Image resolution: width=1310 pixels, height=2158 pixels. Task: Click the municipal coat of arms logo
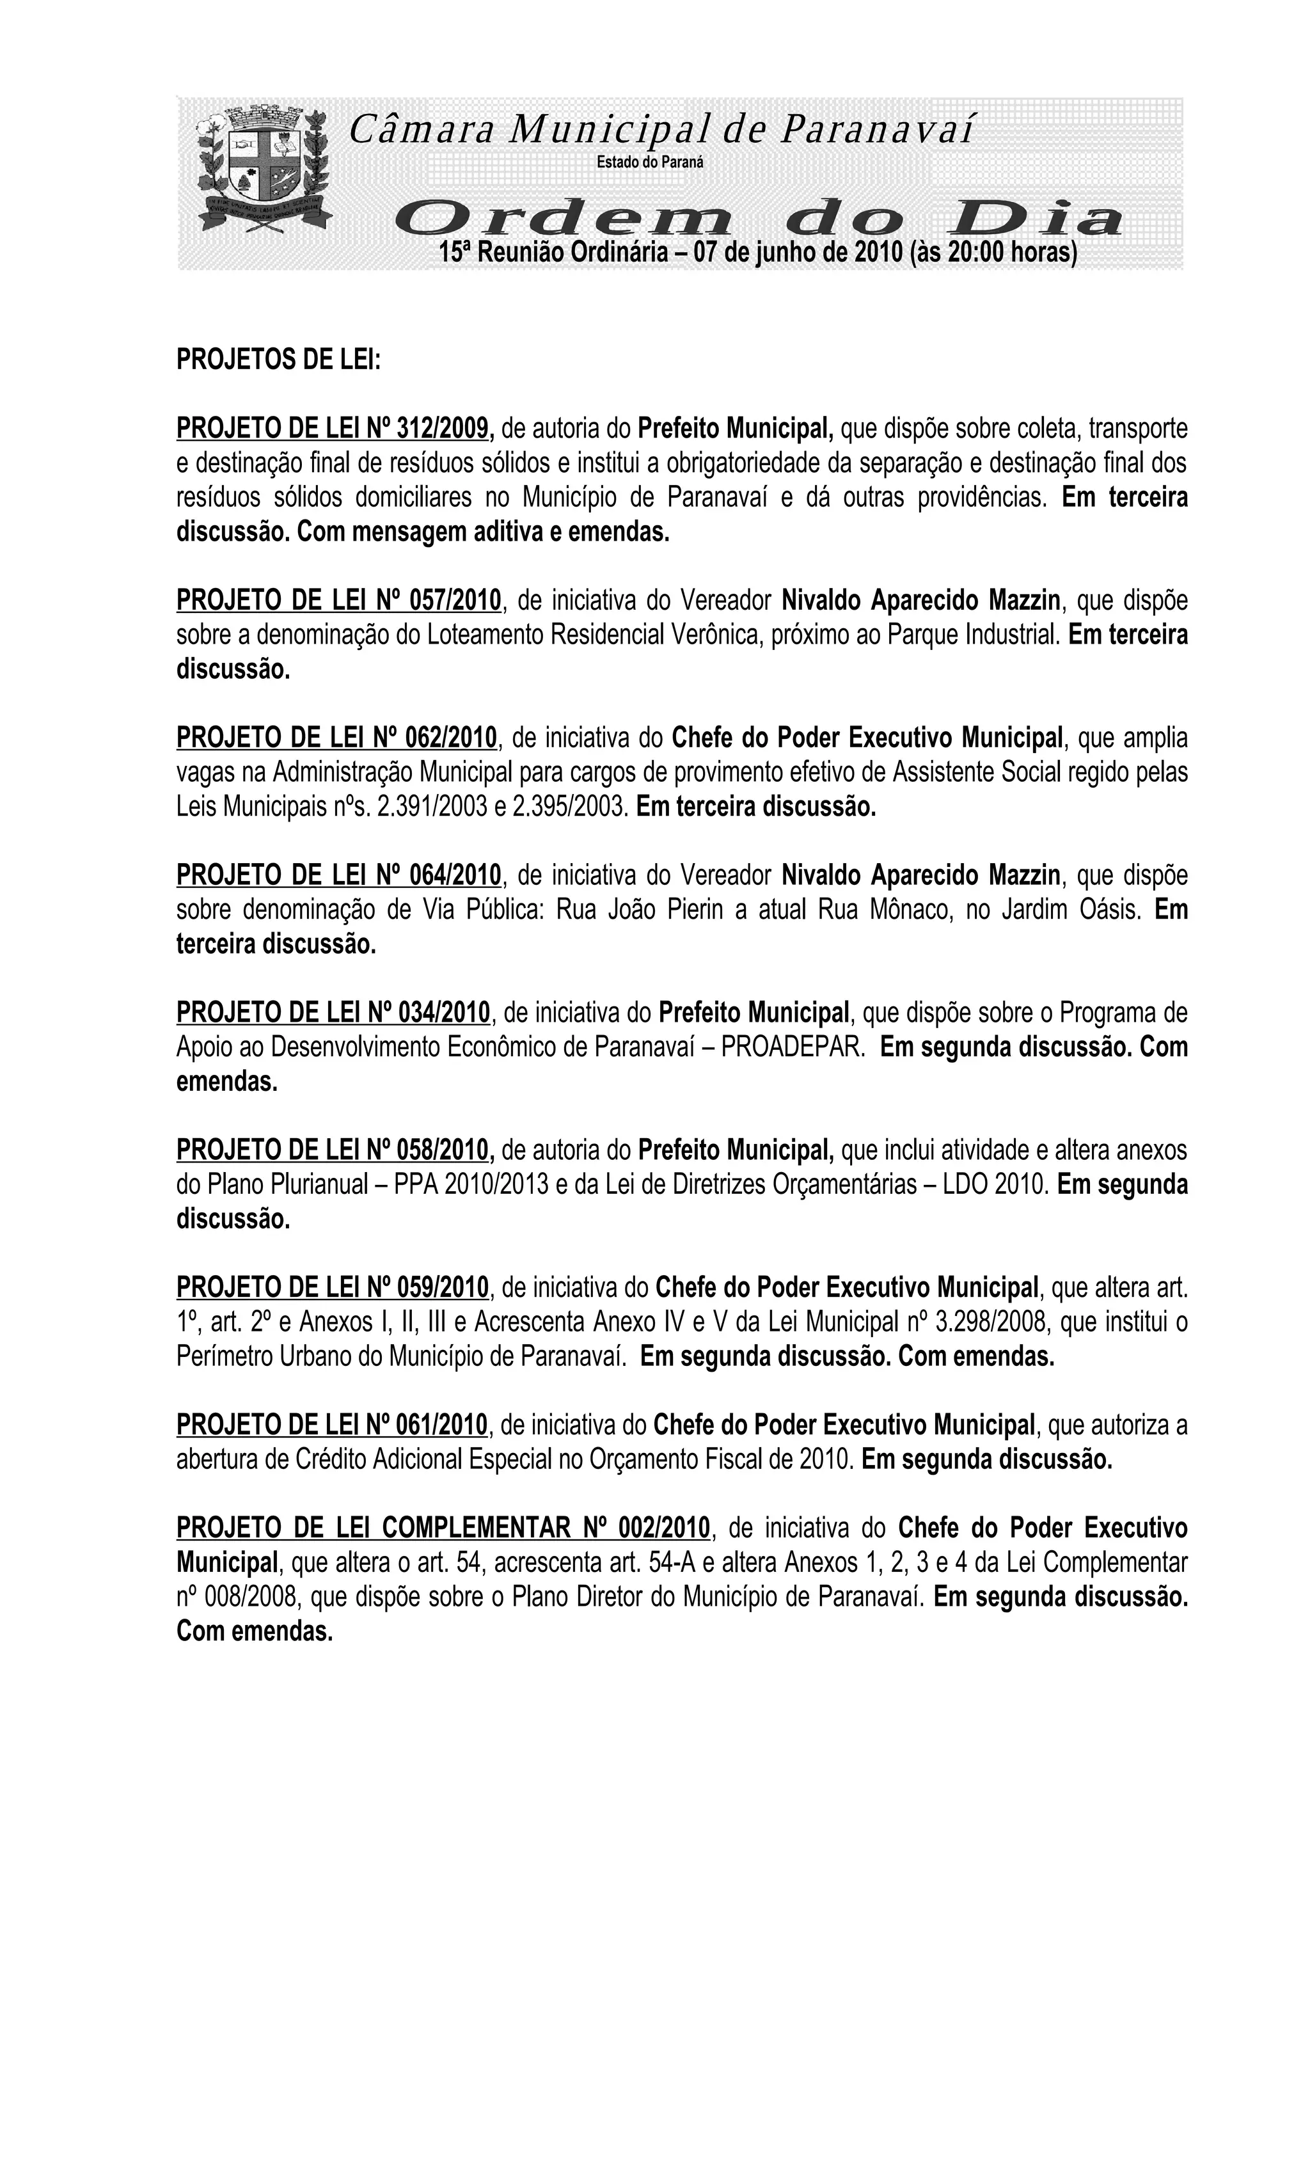pos(264,168)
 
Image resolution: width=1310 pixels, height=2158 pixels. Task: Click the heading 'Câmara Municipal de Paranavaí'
pos(661,130)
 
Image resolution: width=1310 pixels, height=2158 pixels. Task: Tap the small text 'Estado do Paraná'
pos(650,162)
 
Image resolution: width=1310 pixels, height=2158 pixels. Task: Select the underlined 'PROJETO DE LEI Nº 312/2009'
pos(335,428)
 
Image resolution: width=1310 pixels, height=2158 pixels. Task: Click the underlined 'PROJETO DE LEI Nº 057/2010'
pos(339,600)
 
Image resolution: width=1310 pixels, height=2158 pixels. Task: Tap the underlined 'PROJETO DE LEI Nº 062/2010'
pos(336,738)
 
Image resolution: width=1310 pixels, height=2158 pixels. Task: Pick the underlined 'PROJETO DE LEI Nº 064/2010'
pos(339,874)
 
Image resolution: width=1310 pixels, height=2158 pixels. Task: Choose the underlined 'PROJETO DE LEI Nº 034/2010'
pos(333,1012)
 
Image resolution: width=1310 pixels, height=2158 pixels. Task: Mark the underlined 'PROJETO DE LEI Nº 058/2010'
pos(335,1149)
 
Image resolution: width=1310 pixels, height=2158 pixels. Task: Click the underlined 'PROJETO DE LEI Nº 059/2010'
pos(333,1287)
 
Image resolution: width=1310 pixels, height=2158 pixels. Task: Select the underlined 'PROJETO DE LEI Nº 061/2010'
pos(332,1424)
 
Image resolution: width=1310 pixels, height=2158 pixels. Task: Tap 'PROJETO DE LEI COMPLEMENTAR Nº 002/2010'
pos(443,1527)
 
